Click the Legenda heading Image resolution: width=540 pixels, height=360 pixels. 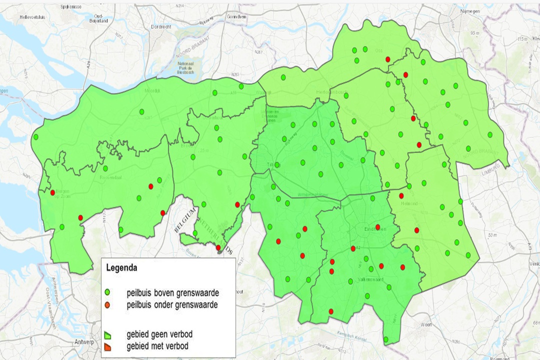pyautogui.click(x=121, y=268)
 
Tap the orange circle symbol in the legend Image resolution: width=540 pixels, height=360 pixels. pyautogui.click(x=107, y=304)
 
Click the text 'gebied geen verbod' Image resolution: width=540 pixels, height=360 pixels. pyautogui.click(x=160, y=334)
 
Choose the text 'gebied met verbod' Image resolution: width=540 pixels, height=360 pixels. pyautogui.click(x=157, y=345)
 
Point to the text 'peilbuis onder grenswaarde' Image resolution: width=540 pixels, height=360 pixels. pyautogui.click(x=172, y=304)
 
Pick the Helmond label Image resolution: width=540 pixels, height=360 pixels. pyautogui.click(x=409, y=203)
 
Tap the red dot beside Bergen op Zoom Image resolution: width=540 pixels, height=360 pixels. pyautogui.click(x=52, y=192)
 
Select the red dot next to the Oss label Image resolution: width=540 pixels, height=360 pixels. pyautogui.click(x=387, y=59)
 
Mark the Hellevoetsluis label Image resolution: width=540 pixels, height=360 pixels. pyautogui.click(x=32, y=16)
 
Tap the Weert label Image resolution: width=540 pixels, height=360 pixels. pyautogui.click(x=426, y=324)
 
